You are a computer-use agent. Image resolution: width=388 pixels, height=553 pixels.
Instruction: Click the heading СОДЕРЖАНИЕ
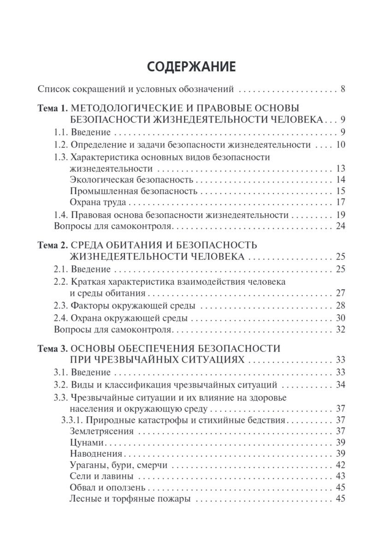click(191, 67)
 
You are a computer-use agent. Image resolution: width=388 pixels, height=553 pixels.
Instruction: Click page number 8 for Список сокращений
click(343, 89)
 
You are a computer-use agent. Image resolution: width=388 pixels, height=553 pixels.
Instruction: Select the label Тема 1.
click(52, 109)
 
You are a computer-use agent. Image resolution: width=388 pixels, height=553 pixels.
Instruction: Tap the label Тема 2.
click(52, 244)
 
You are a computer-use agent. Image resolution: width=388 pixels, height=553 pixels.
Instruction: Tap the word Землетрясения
click(102, 431)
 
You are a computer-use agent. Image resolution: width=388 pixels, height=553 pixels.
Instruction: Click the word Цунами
click(86, 443)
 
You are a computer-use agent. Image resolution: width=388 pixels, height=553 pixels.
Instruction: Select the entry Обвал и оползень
click(107, 488)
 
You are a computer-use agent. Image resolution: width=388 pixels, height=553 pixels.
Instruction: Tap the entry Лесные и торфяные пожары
click(130, 499)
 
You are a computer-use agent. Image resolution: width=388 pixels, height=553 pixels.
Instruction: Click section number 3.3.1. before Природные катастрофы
click(72, 420)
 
